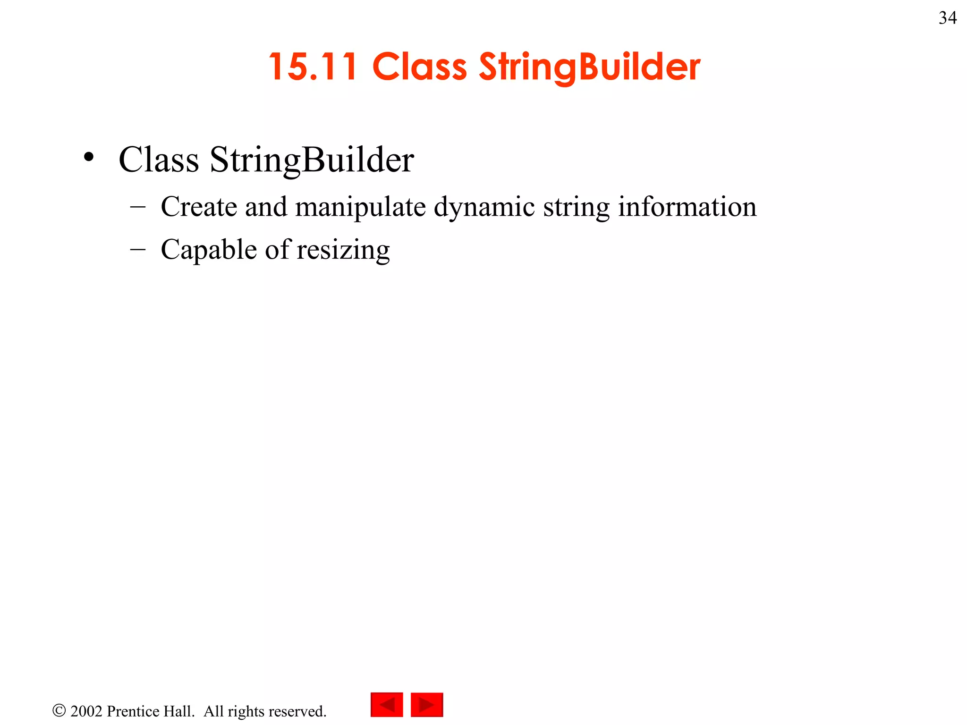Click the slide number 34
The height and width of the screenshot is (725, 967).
pyautogui.click(x=948, y=18)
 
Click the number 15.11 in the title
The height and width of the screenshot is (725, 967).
pyautogui.click(x=313, y=67)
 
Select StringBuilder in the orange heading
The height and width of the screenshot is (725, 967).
pyautogui.click(x=589, y=67)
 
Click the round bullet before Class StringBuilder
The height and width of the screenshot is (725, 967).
pyautogui.click(x=89, y=158)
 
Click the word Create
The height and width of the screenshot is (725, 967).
pyautogui.click(x=199, y=207)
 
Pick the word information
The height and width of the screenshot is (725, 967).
pyautogui.click(x=687, y=207)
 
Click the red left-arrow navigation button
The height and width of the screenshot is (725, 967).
pyautogui.click(x=387, y=705)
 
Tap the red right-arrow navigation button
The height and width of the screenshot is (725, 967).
pyautogui.click(x=427, y=705)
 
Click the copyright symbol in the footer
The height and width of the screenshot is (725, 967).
pyautogui.click(x=59, y=710)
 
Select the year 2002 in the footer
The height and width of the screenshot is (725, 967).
pyautogui.click(x=86, y=711)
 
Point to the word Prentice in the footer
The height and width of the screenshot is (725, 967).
pyautogui.click(x=133, y=711)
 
